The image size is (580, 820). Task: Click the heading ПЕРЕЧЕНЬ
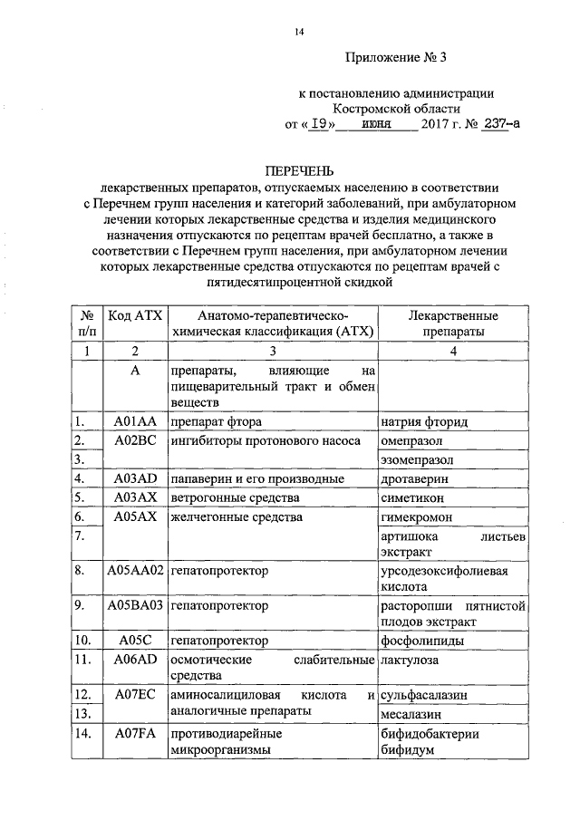point(299,170)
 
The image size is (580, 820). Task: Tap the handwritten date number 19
point(317,126)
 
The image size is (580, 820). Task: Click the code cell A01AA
point(135,421)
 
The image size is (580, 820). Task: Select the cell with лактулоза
point(410,661)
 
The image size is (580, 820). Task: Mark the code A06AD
point(135,661)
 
